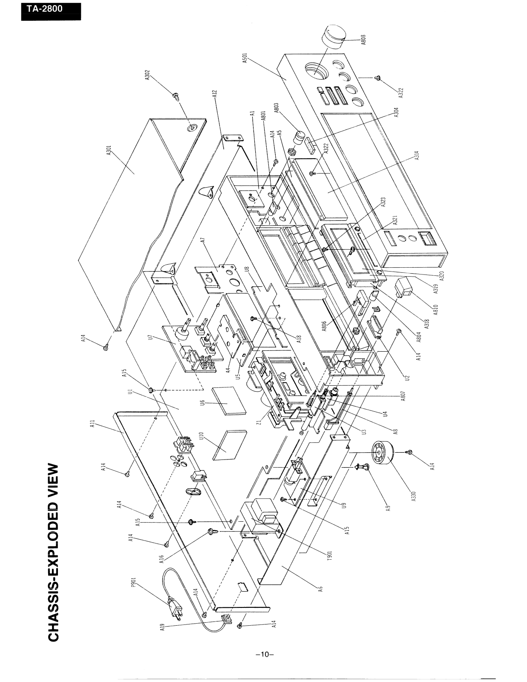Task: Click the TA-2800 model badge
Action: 51,12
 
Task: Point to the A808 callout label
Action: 363,40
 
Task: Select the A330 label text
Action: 413,496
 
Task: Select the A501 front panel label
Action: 245,58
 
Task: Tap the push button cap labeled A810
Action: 404,287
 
